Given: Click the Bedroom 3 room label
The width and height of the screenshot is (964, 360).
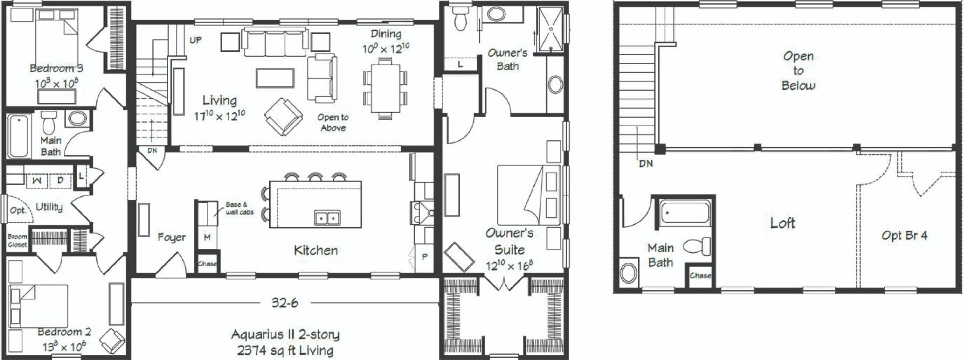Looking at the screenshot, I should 56,68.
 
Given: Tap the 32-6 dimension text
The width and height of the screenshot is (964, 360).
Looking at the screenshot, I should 284,303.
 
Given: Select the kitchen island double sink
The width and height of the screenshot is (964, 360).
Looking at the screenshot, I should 327,218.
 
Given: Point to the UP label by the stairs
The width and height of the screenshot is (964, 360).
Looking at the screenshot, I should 195,40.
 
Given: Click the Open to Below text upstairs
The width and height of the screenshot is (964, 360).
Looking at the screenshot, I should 798,71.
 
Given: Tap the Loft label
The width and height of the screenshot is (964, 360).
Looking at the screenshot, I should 783,223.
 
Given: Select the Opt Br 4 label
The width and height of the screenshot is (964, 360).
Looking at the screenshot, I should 904,236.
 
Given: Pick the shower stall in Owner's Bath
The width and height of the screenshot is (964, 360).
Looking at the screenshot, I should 550,29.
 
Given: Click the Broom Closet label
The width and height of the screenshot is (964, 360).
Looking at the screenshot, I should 17,240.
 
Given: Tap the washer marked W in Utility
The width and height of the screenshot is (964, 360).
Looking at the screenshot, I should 38,180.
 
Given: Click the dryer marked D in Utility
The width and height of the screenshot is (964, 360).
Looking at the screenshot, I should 60,180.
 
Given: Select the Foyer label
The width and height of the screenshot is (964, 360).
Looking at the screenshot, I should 171,237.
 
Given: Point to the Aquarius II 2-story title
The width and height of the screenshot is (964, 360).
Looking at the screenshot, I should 285,335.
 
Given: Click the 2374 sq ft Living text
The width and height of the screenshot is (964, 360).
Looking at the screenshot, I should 285,350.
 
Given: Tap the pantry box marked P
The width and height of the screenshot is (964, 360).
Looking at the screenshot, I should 424,257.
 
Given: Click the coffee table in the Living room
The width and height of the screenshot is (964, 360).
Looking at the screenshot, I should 275,78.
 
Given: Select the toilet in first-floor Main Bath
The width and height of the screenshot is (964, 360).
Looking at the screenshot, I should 48,123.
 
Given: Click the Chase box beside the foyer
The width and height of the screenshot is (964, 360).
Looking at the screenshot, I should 207,263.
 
